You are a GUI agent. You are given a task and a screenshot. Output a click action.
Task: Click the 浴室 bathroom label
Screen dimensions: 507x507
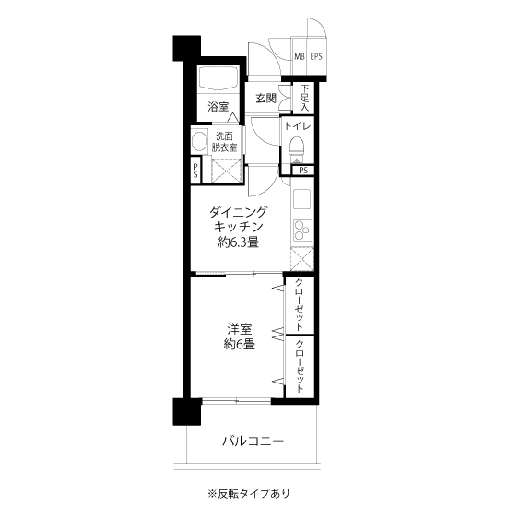click(218, 106)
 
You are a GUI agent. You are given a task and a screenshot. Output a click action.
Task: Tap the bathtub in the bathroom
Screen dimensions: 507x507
click(218, 78)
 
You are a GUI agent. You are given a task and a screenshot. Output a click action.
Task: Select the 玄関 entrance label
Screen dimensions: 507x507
click(266, 99)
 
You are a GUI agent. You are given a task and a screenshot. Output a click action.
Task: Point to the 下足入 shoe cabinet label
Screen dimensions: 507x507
click(304, 98)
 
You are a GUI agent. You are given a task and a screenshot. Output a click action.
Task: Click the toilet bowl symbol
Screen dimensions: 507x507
click(297, 147)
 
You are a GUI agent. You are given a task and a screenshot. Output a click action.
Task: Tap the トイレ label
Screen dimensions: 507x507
click(298, 126)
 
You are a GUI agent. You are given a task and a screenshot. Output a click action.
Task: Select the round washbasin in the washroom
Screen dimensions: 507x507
click(199, 142)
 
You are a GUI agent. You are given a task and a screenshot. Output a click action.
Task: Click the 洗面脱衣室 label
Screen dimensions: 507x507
click(224, 142)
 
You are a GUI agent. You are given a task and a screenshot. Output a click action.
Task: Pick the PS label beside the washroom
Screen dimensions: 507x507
click(195, 171)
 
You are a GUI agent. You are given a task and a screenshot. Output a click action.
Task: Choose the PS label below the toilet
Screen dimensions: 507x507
click(303, 171)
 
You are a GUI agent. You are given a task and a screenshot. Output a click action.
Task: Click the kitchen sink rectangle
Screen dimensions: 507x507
click(302, 199)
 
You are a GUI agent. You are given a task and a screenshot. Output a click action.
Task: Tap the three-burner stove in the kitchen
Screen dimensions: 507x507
click(302, 230)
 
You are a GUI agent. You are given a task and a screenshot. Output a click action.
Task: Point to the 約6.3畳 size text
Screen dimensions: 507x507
click(239, 242)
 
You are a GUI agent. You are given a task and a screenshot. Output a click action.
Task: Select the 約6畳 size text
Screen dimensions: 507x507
click(240, 345)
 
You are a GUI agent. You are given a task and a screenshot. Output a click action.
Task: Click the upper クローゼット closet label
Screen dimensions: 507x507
click(300, 304)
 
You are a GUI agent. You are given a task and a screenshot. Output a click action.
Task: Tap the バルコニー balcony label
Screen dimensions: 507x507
click(253, 441)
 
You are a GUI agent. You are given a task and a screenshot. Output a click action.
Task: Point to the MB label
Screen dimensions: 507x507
click(300, 56)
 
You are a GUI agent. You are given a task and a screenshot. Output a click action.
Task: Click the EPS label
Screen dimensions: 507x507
click(316, 56)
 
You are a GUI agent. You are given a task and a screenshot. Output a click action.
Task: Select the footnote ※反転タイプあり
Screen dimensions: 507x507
click(249, 493)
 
